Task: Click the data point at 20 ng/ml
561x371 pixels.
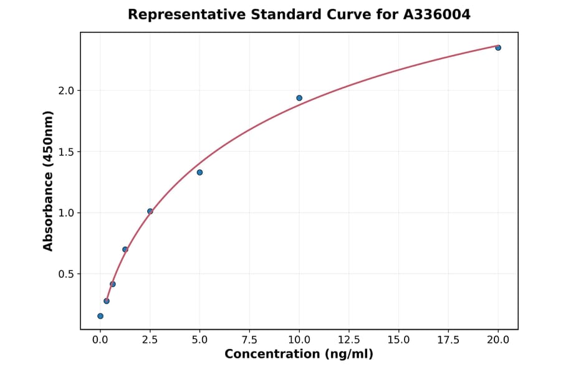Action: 498,47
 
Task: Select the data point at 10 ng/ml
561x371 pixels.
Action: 299,98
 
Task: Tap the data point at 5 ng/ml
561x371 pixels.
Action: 199,172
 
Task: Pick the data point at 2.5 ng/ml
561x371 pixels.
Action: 150,211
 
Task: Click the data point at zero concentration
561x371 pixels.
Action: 100,316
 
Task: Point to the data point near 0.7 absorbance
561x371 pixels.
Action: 125,249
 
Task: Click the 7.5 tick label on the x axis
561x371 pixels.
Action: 249,340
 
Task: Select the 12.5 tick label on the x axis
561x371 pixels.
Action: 348,340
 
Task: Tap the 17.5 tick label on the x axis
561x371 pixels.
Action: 448,340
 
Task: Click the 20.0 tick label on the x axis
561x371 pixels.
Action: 498,340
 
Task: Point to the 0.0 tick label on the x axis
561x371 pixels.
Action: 100,340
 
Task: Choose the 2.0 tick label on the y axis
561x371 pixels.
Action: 67,91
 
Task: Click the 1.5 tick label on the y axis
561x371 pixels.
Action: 67,152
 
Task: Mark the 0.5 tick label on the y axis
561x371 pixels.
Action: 67,274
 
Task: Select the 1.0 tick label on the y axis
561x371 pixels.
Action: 67,213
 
